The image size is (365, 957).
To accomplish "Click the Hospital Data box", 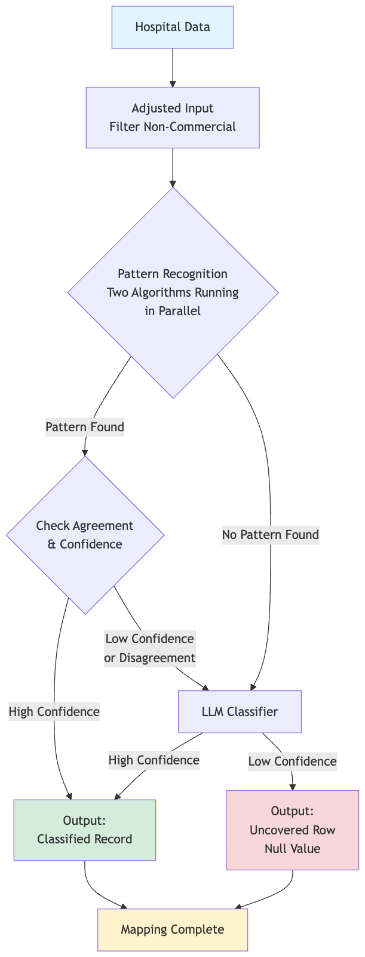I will [172, 27].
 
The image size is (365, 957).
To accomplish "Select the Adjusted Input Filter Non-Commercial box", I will [172, 117].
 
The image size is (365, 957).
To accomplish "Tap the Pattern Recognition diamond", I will [173, 292].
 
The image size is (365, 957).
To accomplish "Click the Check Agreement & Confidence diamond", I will [85, 535].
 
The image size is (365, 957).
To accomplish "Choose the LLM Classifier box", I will [240, 711].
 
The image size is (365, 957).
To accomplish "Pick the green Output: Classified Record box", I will [84, 830].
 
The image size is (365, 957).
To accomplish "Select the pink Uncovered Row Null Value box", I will [292, 830].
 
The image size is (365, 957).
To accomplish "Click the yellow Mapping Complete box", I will [172, 929].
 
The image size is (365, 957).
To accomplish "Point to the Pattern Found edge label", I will [85, 426].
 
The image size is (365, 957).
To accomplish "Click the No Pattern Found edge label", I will [270, 534].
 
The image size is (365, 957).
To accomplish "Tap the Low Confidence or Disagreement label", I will [150, 648].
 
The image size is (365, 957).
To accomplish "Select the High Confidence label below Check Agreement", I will [54, 711].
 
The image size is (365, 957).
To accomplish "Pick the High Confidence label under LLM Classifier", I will [154, 760].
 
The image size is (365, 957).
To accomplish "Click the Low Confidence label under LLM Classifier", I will [292, 761].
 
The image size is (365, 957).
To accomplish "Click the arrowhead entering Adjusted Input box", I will [173, 83].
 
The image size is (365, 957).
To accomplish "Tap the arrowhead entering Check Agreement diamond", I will [85, 452].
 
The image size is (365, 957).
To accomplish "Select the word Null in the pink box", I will [277, 849].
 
